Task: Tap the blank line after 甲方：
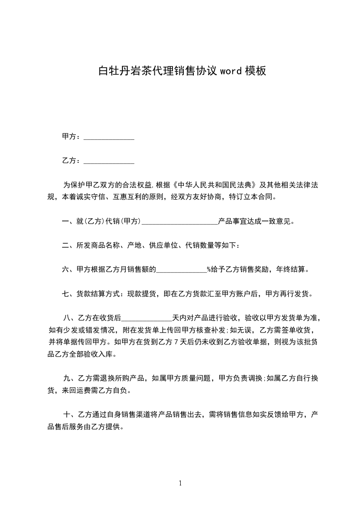tap(109, 137)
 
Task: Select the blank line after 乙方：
tap(109, 161)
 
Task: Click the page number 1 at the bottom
tap(180, 483)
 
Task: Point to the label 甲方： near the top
tap(72, 137)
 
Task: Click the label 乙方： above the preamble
tap(72, 161)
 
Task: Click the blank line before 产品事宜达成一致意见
tap(180, 222)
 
